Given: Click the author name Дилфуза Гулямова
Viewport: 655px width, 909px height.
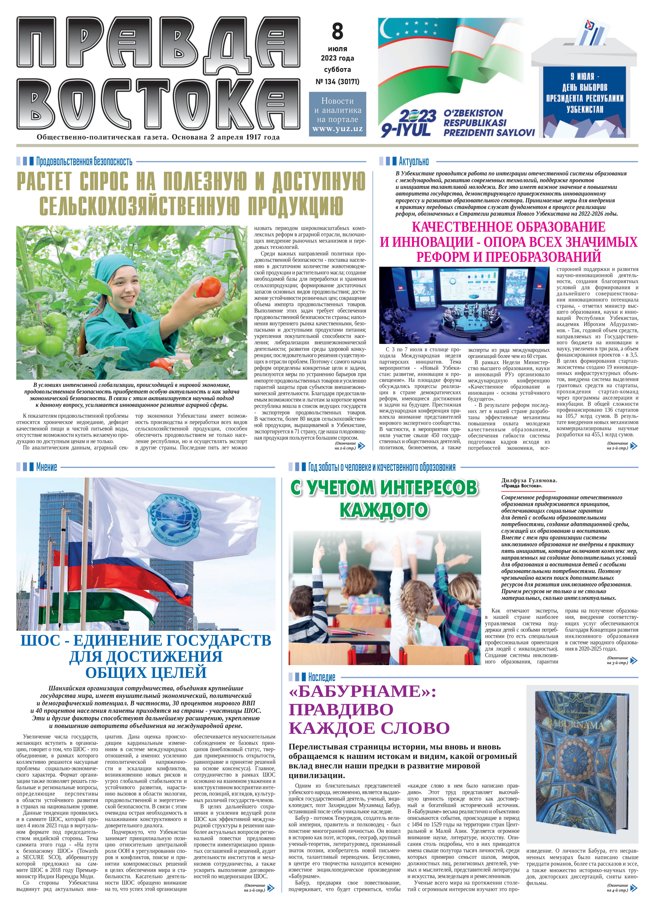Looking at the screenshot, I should point(529,480).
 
